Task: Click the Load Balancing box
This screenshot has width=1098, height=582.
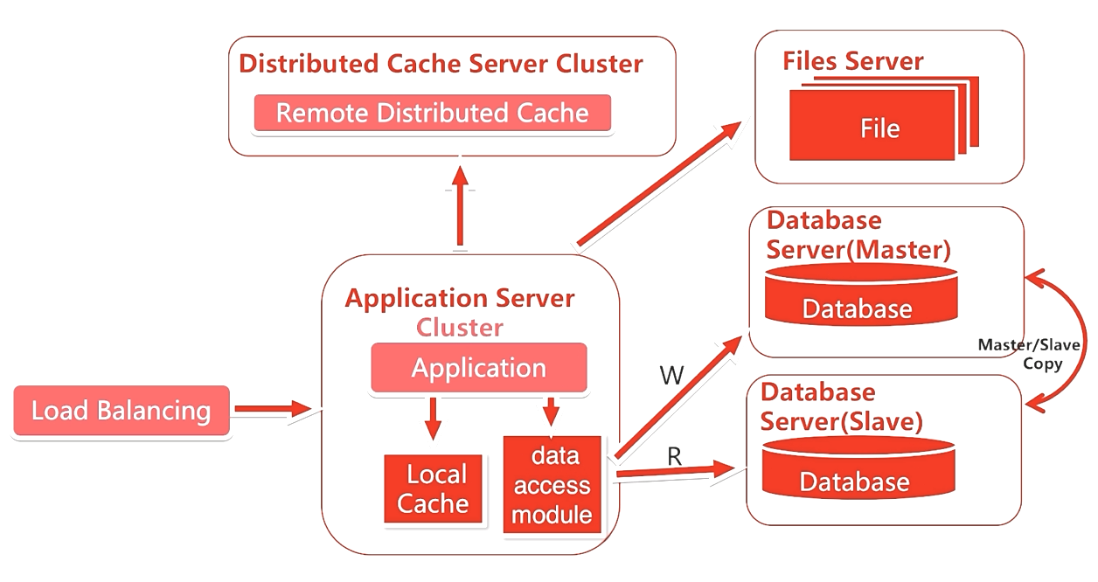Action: click(x=122, y=411)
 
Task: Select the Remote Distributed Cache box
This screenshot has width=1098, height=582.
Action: click(x=432, y=113)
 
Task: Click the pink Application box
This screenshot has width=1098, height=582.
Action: click(x=478, y=368)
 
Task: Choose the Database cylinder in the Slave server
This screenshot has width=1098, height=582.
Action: click(x=854, y=469)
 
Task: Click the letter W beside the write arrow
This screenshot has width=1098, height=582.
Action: click(x=671, y=376)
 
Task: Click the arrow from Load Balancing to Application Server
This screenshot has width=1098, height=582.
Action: click(x=272, y=408)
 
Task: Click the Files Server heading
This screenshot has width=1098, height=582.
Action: click(x=852, y=61)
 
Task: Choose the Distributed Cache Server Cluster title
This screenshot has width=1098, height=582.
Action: click(x=441, y=64)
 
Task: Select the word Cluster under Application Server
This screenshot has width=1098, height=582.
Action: click(x=460, y=328)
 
